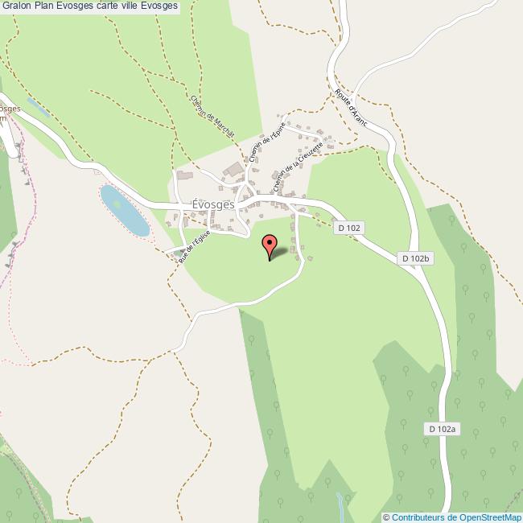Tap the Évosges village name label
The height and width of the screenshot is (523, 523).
213,204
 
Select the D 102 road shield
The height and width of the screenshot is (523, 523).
350,229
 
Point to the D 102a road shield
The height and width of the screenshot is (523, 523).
442,430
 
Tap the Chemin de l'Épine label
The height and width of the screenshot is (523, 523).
262,143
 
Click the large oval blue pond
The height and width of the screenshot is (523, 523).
125,211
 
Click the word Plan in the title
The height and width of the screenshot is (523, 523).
53,6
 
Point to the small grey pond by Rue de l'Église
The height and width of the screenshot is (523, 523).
178,254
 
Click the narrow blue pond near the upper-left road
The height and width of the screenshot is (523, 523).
37,106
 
